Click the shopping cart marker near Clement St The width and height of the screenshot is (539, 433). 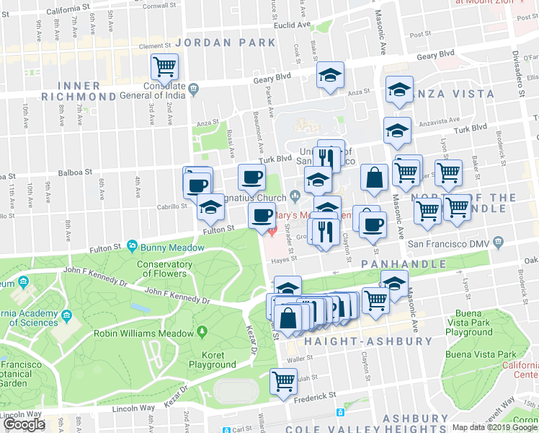coord(165,69)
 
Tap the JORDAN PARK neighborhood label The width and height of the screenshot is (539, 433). coord(225,43)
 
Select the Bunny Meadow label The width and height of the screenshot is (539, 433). coord(163,247)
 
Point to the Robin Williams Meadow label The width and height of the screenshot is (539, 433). coord(145,333)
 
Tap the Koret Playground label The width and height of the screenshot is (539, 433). coord(212,360)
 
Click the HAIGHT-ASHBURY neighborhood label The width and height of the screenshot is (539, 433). coord(368,341)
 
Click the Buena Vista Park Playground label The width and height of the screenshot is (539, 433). coord(478,327)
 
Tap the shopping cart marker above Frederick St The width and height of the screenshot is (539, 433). coord(283,380)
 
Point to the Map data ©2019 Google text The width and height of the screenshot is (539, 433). coord(494,427)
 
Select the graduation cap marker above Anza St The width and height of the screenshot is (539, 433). coord(330,75)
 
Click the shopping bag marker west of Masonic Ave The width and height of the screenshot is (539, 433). coord(375,178)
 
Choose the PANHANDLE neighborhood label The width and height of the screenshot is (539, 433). coord(404,264)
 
